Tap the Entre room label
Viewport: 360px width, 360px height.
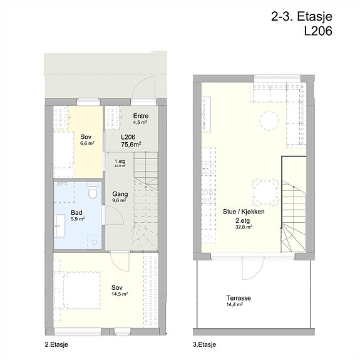pos(141,116)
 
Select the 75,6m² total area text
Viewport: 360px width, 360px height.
pos(131,145)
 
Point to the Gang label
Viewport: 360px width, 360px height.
pos(120,194)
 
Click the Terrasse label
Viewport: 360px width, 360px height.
pos(239,298)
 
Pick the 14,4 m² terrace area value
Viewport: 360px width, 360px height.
pos(234,305)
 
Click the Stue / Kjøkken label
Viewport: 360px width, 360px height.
pos(244,212)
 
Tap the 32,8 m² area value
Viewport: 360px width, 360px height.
pos(244,227)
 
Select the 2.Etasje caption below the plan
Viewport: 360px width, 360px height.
pos(56,344)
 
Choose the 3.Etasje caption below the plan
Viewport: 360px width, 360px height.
pos(204,344)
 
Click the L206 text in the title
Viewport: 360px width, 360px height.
pos(318,31)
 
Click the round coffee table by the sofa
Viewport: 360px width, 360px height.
pos(269,121)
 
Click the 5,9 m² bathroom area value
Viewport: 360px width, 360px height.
pos(78,219)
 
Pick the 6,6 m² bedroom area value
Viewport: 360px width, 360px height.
pos(87,143)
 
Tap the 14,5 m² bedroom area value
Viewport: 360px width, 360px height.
pos(120,294)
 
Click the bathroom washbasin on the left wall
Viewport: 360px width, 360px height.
pos(60,226)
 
